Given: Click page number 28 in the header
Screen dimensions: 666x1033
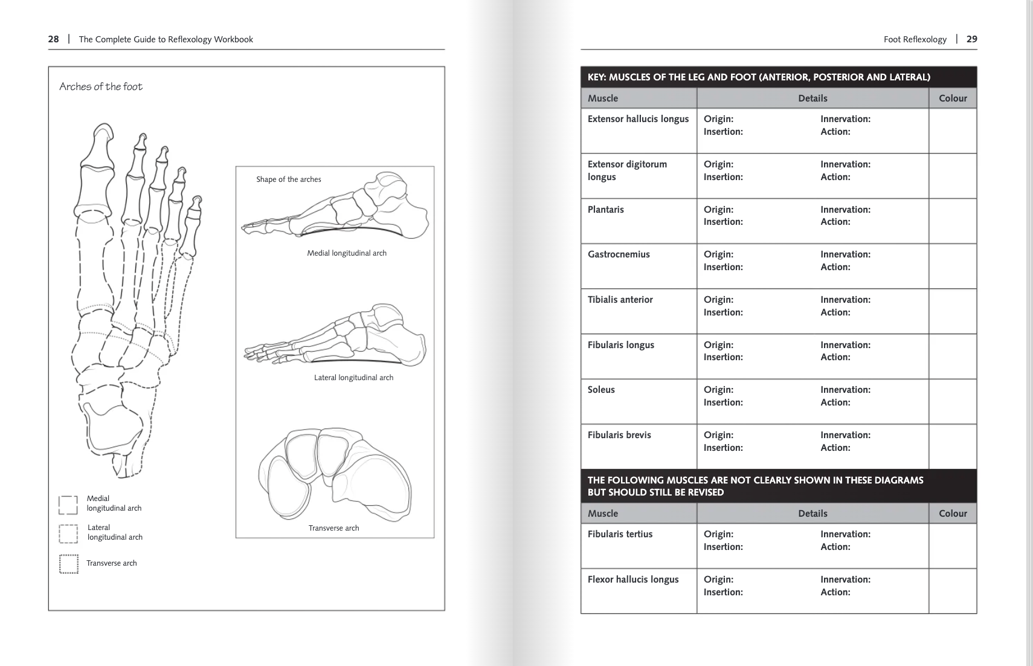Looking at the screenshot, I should coord(53,39).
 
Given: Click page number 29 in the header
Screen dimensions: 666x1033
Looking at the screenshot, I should coord(971,39).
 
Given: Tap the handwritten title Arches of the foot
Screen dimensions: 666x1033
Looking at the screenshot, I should coord(101,86).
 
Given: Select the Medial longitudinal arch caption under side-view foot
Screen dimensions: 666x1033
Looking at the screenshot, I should coord(346,253).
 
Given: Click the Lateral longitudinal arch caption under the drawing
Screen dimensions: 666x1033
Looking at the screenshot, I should coord(353,378).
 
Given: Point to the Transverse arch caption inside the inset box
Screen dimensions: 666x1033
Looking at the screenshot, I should coord(333,528).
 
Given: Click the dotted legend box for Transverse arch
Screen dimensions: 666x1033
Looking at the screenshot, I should coord(68,564).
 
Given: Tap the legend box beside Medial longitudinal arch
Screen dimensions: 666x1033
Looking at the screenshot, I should coord(68,505).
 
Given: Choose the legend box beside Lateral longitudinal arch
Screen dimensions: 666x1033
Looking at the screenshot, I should coord(68,534).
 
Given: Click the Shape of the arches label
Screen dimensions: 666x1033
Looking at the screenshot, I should coord(288,179).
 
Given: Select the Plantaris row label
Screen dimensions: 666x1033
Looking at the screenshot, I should coord(605,210).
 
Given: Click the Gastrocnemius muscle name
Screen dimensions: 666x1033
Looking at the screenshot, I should coord(619,254).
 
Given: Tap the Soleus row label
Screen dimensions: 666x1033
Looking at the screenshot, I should coord(601,390).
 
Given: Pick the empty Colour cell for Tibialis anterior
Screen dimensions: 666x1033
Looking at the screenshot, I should coord(952,311).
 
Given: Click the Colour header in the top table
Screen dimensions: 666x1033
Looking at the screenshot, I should coord(953,99).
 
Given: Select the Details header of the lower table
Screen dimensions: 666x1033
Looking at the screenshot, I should coord(813,514).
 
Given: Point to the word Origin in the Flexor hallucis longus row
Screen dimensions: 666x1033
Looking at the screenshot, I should coord(718,580).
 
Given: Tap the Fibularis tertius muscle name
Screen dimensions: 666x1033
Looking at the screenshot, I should coord(620,534).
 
